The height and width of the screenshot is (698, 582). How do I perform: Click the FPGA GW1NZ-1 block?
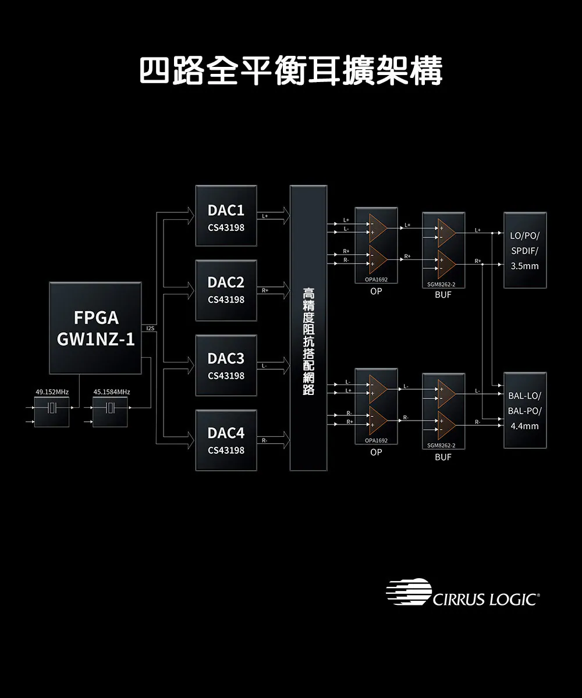[x=95, y=328]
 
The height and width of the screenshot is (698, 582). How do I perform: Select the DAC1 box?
[x=226, y=216]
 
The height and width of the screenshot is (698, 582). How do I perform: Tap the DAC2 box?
[x=226, y=290]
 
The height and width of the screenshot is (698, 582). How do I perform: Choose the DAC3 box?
[x=226, y=365]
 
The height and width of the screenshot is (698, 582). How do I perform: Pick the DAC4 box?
[x=226, y=440]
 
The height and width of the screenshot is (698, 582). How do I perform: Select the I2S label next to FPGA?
[x=150, y=329]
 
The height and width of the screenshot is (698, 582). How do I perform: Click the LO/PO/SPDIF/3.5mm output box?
[x=524, y=250]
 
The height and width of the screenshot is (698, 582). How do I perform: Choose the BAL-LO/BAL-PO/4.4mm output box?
[x=524, y=410]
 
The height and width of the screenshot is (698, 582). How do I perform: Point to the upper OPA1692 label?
[x=375, y=280]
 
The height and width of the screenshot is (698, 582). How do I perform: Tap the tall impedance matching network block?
[x=308, y=328]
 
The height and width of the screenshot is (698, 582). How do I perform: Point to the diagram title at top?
[x=291, y=71]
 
